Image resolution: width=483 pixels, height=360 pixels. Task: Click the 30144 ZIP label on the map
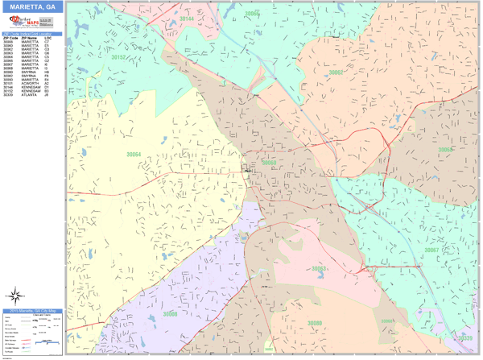click(x=187, y=17)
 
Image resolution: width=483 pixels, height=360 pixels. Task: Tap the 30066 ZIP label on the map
click(x=252, y=14)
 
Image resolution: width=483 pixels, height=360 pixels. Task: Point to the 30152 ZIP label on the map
click(x=118, y=57)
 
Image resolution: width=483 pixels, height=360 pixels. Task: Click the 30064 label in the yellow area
click(x=133, y=155)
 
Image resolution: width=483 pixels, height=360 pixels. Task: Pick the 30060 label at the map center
click(x=269, y=163)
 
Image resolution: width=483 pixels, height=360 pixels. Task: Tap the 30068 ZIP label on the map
click(x=445, y=150)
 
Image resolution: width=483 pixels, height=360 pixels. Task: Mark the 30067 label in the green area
click(x=431, y=250)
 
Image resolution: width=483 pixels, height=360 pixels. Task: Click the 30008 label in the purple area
click(x=170, y=313)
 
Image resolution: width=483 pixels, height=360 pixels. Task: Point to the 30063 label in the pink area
click(x=319, y=268)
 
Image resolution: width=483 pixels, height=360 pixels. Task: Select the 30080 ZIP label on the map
click(x=314, y=323)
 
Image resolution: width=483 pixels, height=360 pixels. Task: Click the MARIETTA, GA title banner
click(x=32, y=6)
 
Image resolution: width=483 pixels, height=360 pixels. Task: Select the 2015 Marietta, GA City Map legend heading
click(x=32, y=311)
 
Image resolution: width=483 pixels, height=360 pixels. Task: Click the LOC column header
click(x=47, y=38)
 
